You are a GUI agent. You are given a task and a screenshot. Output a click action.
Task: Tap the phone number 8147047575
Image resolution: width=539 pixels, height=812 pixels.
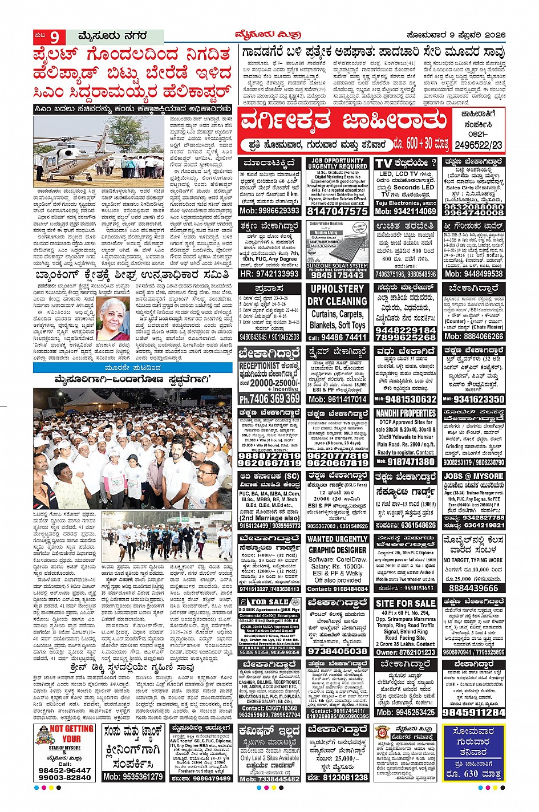click(x=337, y=210)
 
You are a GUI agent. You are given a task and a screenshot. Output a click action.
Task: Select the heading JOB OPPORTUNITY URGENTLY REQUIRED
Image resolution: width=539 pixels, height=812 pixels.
click(x=337, y=163)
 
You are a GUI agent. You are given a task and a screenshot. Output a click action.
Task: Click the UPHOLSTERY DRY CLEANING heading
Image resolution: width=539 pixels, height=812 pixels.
click(x=337, y=295)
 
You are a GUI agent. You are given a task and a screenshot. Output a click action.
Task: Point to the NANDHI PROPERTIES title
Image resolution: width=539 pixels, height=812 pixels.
click(x=406, y=412)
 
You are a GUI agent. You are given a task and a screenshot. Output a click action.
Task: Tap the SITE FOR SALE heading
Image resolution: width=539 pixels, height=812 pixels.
click(x=406, y=603)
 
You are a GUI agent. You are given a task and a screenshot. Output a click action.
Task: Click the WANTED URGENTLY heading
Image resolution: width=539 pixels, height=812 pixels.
click(x=337, y=538)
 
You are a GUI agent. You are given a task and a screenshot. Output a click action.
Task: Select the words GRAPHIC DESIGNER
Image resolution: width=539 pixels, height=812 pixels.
click(x=337, y=550)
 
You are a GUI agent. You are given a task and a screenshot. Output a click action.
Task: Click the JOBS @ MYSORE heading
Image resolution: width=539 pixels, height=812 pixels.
click(x=473, y=476)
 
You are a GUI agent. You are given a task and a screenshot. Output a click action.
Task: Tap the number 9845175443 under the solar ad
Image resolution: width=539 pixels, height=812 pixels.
click(x=337, y=274)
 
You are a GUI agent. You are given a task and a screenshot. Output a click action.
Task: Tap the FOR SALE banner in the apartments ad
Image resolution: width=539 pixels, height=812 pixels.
click(x=270, y=602)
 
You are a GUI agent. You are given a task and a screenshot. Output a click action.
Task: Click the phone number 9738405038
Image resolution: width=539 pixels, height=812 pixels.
click(x=337, y=651)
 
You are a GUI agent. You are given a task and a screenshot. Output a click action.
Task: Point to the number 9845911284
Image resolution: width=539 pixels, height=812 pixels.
click(x=473, y=712)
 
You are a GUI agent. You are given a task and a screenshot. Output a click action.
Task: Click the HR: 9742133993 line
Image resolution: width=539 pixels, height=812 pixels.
click(x=270, y=274)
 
